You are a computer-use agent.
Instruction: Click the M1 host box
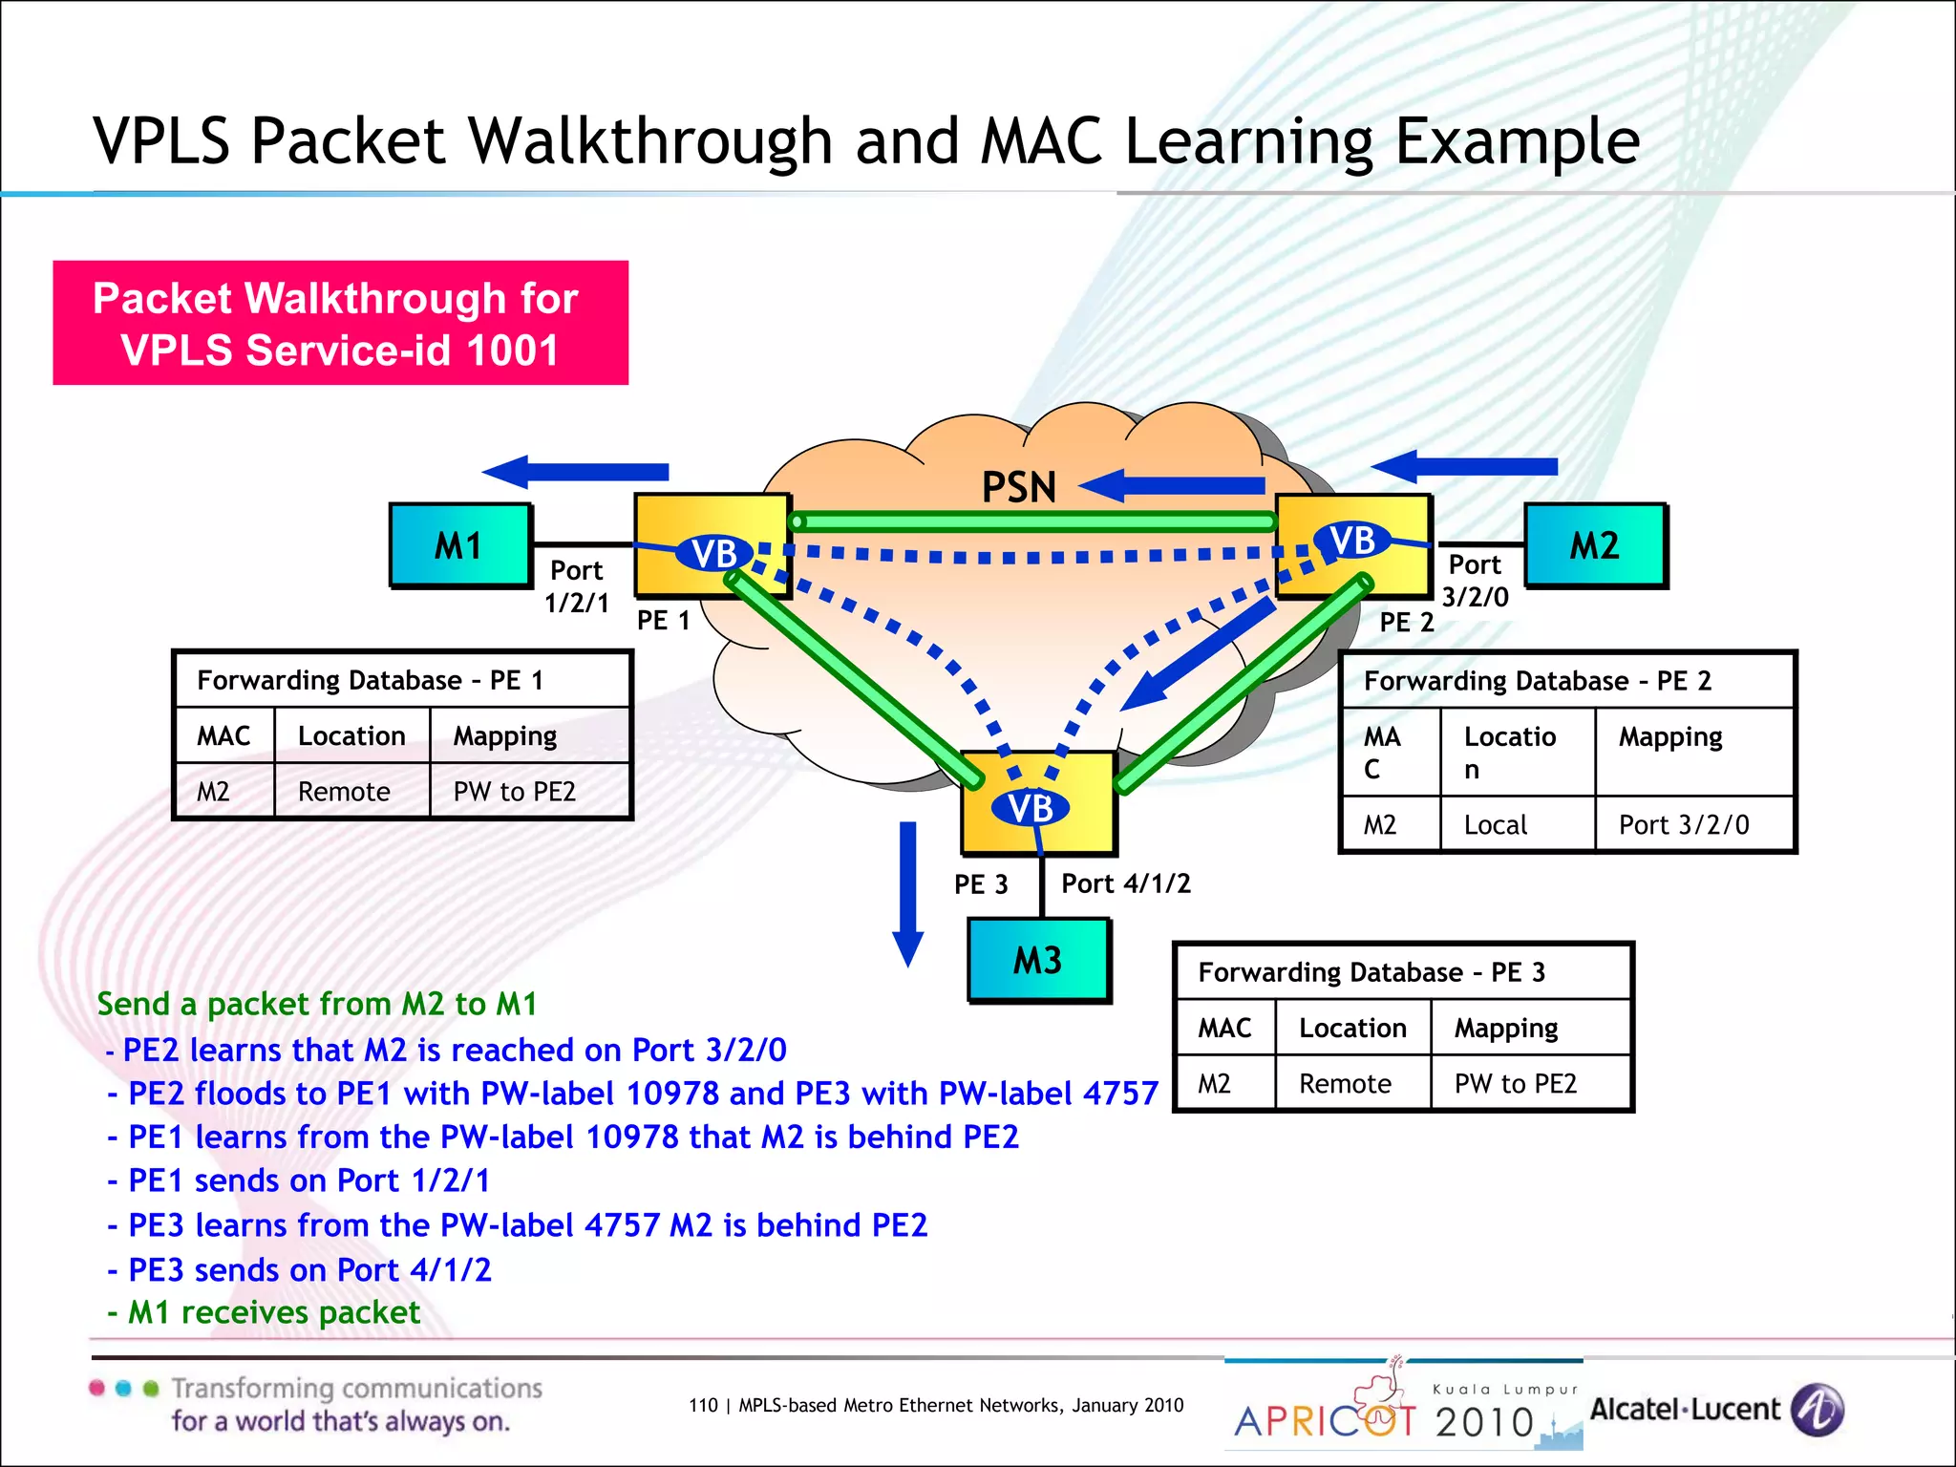pos(460,545)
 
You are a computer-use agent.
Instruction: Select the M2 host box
pos(1595,545)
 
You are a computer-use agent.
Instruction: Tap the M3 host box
pos(1038,960)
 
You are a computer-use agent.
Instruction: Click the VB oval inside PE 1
pos(714,553)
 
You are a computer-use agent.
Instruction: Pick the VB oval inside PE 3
pos(1031,808)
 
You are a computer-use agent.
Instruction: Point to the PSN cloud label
pos(1019,487)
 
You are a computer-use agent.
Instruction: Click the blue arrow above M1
pos(575,472)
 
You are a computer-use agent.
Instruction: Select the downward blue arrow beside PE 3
pos(907,893)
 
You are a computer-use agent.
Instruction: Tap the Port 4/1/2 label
pos(1126,883)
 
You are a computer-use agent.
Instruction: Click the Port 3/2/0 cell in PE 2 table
pos(1684,824)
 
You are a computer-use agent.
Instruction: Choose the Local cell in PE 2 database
pos(1496,824)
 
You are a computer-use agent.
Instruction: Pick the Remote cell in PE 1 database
pos(344,792)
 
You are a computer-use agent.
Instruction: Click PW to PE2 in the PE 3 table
pos(1515,1084)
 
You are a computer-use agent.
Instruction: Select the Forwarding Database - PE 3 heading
pos(1371,972)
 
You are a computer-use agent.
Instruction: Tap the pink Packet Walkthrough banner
pos(340,324)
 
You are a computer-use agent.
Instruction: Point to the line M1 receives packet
pos(274,1312)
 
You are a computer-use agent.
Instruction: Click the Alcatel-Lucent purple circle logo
pos(1818,1410)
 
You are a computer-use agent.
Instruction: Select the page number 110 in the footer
pos(703,1405)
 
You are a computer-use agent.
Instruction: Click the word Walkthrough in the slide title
pos(652,141)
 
